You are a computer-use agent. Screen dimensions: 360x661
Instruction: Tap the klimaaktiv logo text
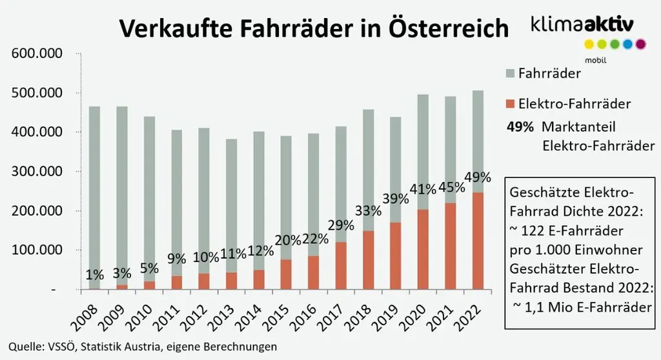pyautogui.click(x=582, y=25)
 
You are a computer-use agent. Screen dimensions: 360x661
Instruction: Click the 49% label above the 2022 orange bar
pyautogui.click(x=478, y=177)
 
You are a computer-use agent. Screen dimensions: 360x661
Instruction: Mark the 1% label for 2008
pyautogui.click(x=94, y=275)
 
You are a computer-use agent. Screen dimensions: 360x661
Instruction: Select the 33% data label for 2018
pyautogui.click(x=369, y=212)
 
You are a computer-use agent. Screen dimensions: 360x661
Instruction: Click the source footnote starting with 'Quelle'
pyautogui.click(x=143, y=346)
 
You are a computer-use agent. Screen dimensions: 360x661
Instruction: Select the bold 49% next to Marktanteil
pyautogui.click(x=520, y=127)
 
